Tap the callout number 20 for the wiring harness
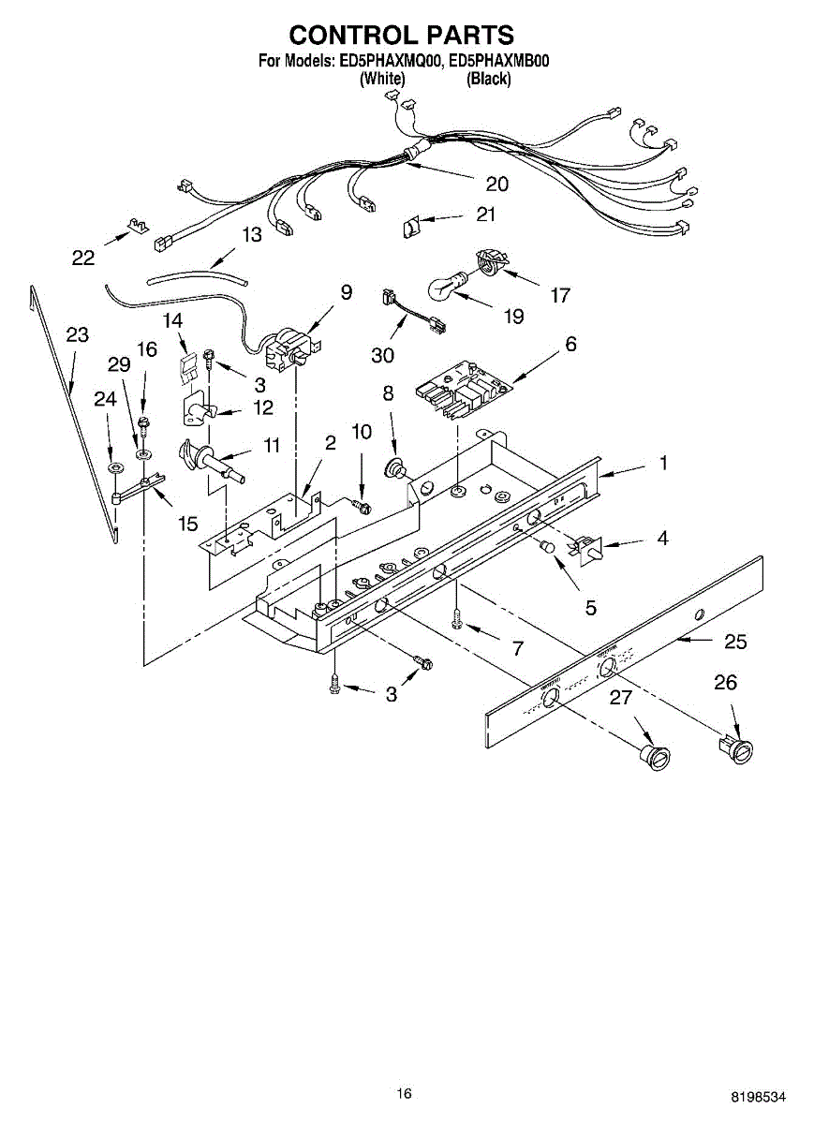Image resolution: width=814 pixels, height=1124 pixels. (x=496, y=184)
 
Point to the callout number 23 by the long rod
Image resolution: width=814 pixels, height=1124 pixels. (x=77, y=335)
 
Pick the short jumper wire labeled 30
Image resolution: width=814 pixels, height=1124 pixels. (x=413, y=312)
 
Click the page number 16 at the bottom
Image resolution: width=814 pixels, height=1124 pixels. (x=404, y=1093)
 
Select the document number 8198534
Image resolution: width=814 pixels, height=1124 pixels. (x=759, y=1096)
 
